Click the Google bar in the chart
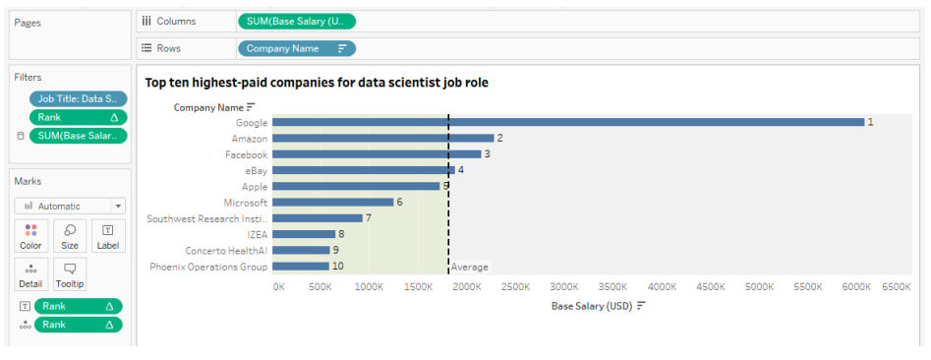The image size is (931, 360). (567, 122)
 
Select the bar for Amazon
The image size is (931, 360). (382, 139)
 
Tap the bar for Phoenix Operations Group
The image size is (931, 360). (300, 267)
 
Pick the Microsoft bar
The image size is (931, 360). (332, 203)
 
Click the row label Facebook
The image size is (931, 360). (246, 154)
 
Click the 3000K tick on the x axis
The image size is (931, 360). (564, 287)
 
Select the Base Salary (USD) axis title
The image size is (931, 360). (591, 306)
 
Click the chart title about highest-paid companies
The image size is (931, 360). (317, 83)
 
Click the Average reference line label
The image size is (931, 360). (469, 268)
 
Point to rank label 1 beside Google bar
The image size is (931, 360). (870, 122)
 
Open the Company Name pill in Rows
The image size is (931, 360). (296, 48)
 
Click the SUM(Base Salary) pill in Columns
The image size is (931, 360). (296, 21)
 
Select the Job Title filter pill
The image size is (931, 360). (78, 98)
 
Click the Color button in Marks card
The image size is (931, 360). (30, 236)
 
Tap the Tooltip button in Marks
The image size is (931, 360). (70, 274)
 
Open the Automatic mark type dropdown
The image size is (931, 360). (70, 207)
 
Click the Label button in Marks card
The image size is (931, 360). (107, 236)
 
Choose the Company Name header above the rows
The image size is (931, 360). (208, 107)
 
